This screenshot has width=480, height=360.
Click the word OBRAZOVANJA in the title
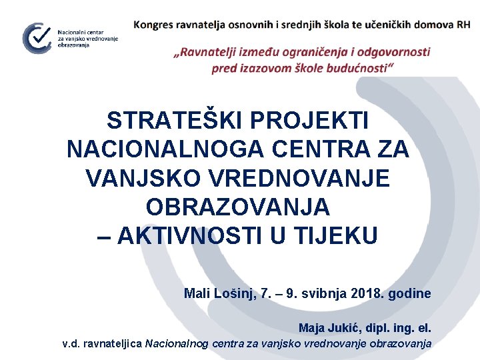coord(238,207)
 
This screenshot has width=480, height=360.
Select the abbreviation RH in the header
coord(463,25)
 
